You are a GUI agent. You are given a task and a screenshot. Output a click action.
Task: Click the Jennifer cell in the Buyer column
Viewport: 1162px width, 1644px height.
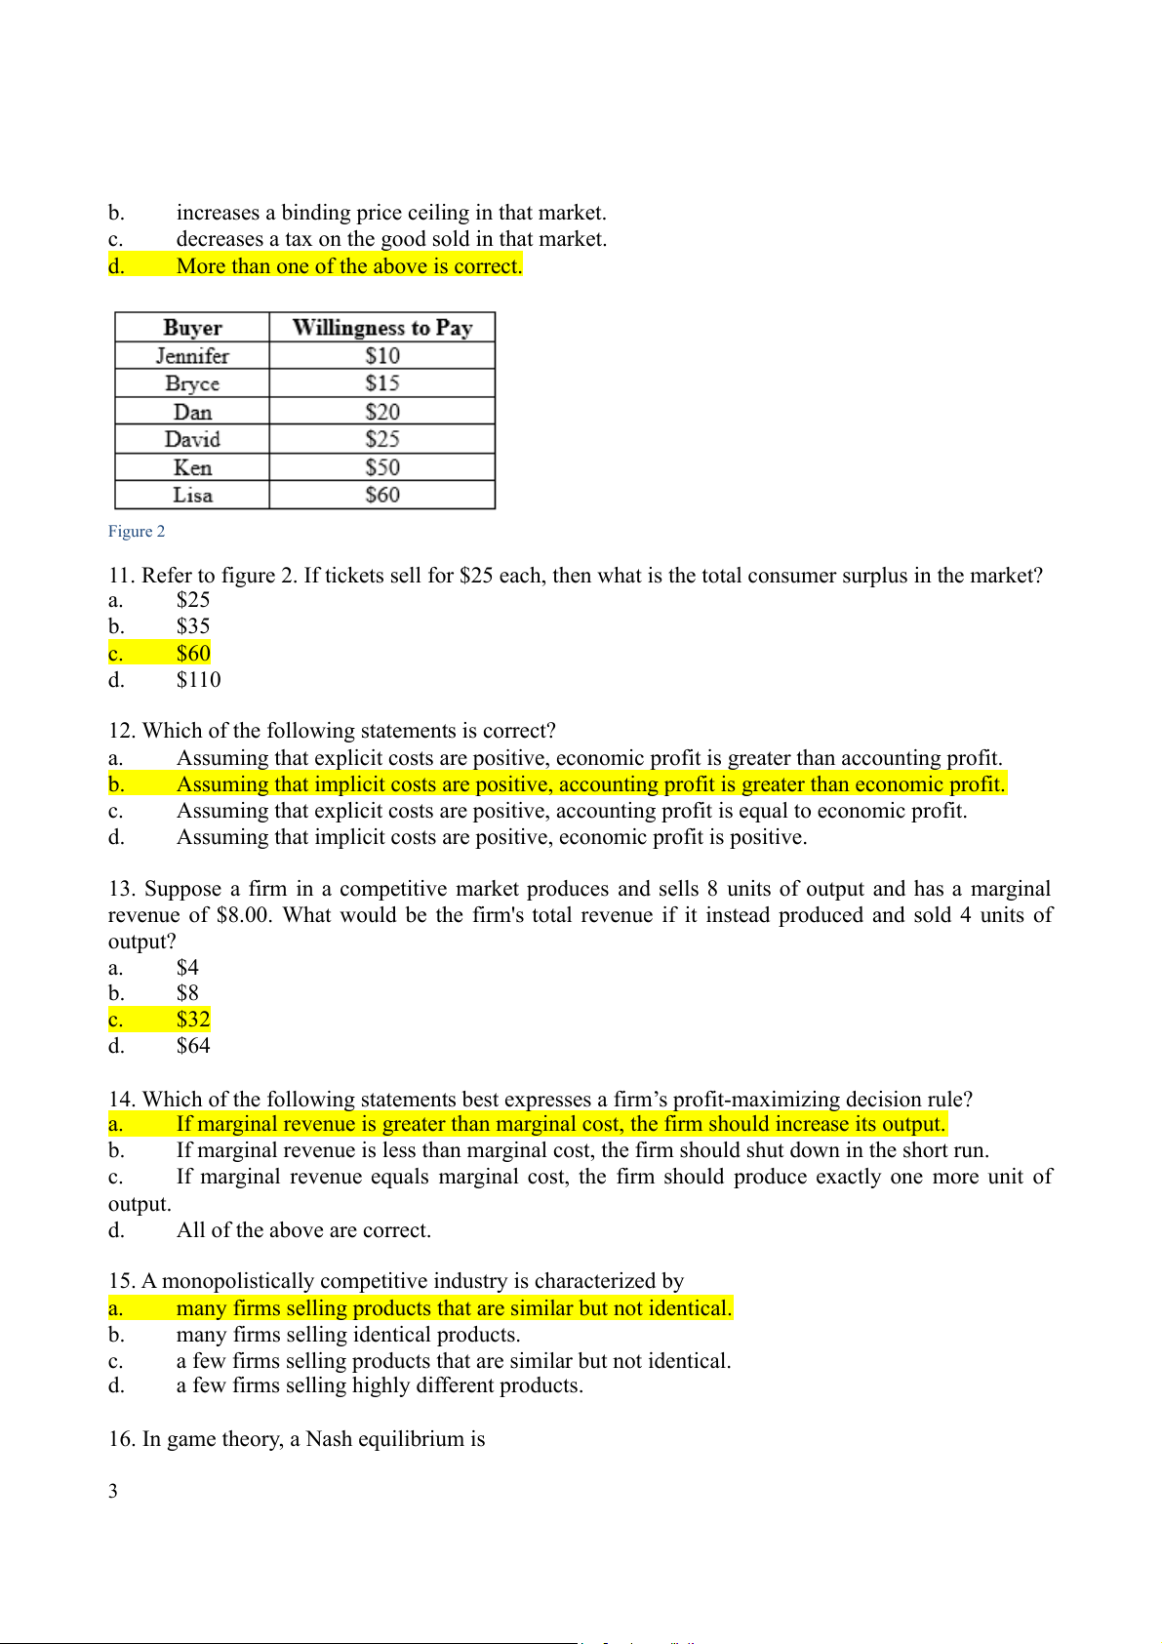pos(192,356)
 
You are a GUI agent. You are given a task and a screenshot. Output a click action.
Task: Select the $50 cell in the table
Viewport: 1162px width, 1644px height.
pos(382,467)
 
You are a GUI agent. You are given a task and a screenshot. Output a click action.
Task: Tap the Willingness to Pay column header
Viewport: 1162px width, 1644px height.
pos(382,328)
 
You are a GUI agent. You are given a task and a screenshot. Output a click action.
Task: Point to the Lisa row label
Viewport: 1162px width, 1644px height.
pos(192,496)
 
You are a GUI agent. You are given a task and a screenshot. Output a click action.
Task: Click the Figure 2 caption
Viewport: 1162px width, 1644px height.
pos(137,532)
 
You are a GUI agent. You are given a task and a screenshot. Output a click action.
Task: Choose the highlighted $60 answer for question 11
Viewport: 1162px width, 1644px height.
pos(193,654)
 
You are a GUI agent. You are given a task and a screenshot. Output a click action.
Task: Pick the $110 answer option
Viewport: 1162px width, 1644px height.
pos(198,680)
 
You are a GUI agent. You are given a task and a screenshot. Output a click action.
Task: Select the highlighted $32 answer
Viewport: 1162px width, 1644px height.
pos(193,1020)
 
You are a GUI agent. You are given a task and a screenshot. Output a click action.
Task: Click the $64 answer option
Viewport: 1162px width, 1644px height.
pos(193,1046)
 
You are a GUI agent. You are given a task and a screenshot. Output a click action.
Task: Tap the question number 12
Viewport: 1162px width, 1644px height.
pos(122,731)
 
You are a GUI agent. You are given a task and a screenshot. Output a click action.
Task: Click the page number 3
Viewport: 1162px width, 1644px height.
pos(113,1491)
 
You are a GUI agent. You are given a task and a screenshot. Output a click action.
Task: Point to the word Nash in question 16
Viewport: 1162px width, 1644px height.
pos(329,1439)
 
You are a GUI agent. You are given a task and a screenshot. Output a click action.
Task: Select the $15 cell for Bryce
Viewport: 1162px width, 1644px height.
pos(382,383)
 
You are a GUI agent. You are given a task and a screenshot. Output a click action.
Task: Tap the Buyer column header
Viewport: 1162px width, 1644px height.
pos(192,328)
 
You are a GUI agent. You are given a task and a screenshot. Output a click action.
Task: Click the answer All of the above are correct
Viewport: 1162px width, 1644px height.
pos(303,1230)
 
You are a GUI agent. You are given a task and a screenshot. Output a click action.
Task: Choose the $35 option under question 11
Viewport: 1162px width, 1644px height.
pos(193,626)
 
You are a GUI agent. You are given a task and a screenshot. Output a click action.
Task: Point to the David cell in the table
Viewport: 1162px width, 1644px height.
pos(192,440)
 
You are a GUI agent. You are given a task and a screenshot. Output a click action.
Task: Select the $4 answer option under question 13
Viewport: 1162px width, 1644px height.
pos(187,968)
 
